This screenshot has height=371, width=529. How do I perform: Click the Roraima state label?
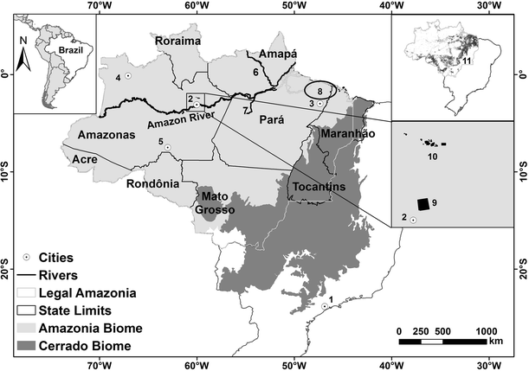tap(177, 41)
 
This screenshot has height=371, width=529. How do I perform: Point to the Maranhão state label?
tap(345, 136)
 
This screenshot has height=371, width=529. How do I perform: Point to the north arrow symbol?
tap(25, 54)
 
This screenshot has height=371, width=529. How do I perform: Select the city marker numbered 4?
tap(127, 77)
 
